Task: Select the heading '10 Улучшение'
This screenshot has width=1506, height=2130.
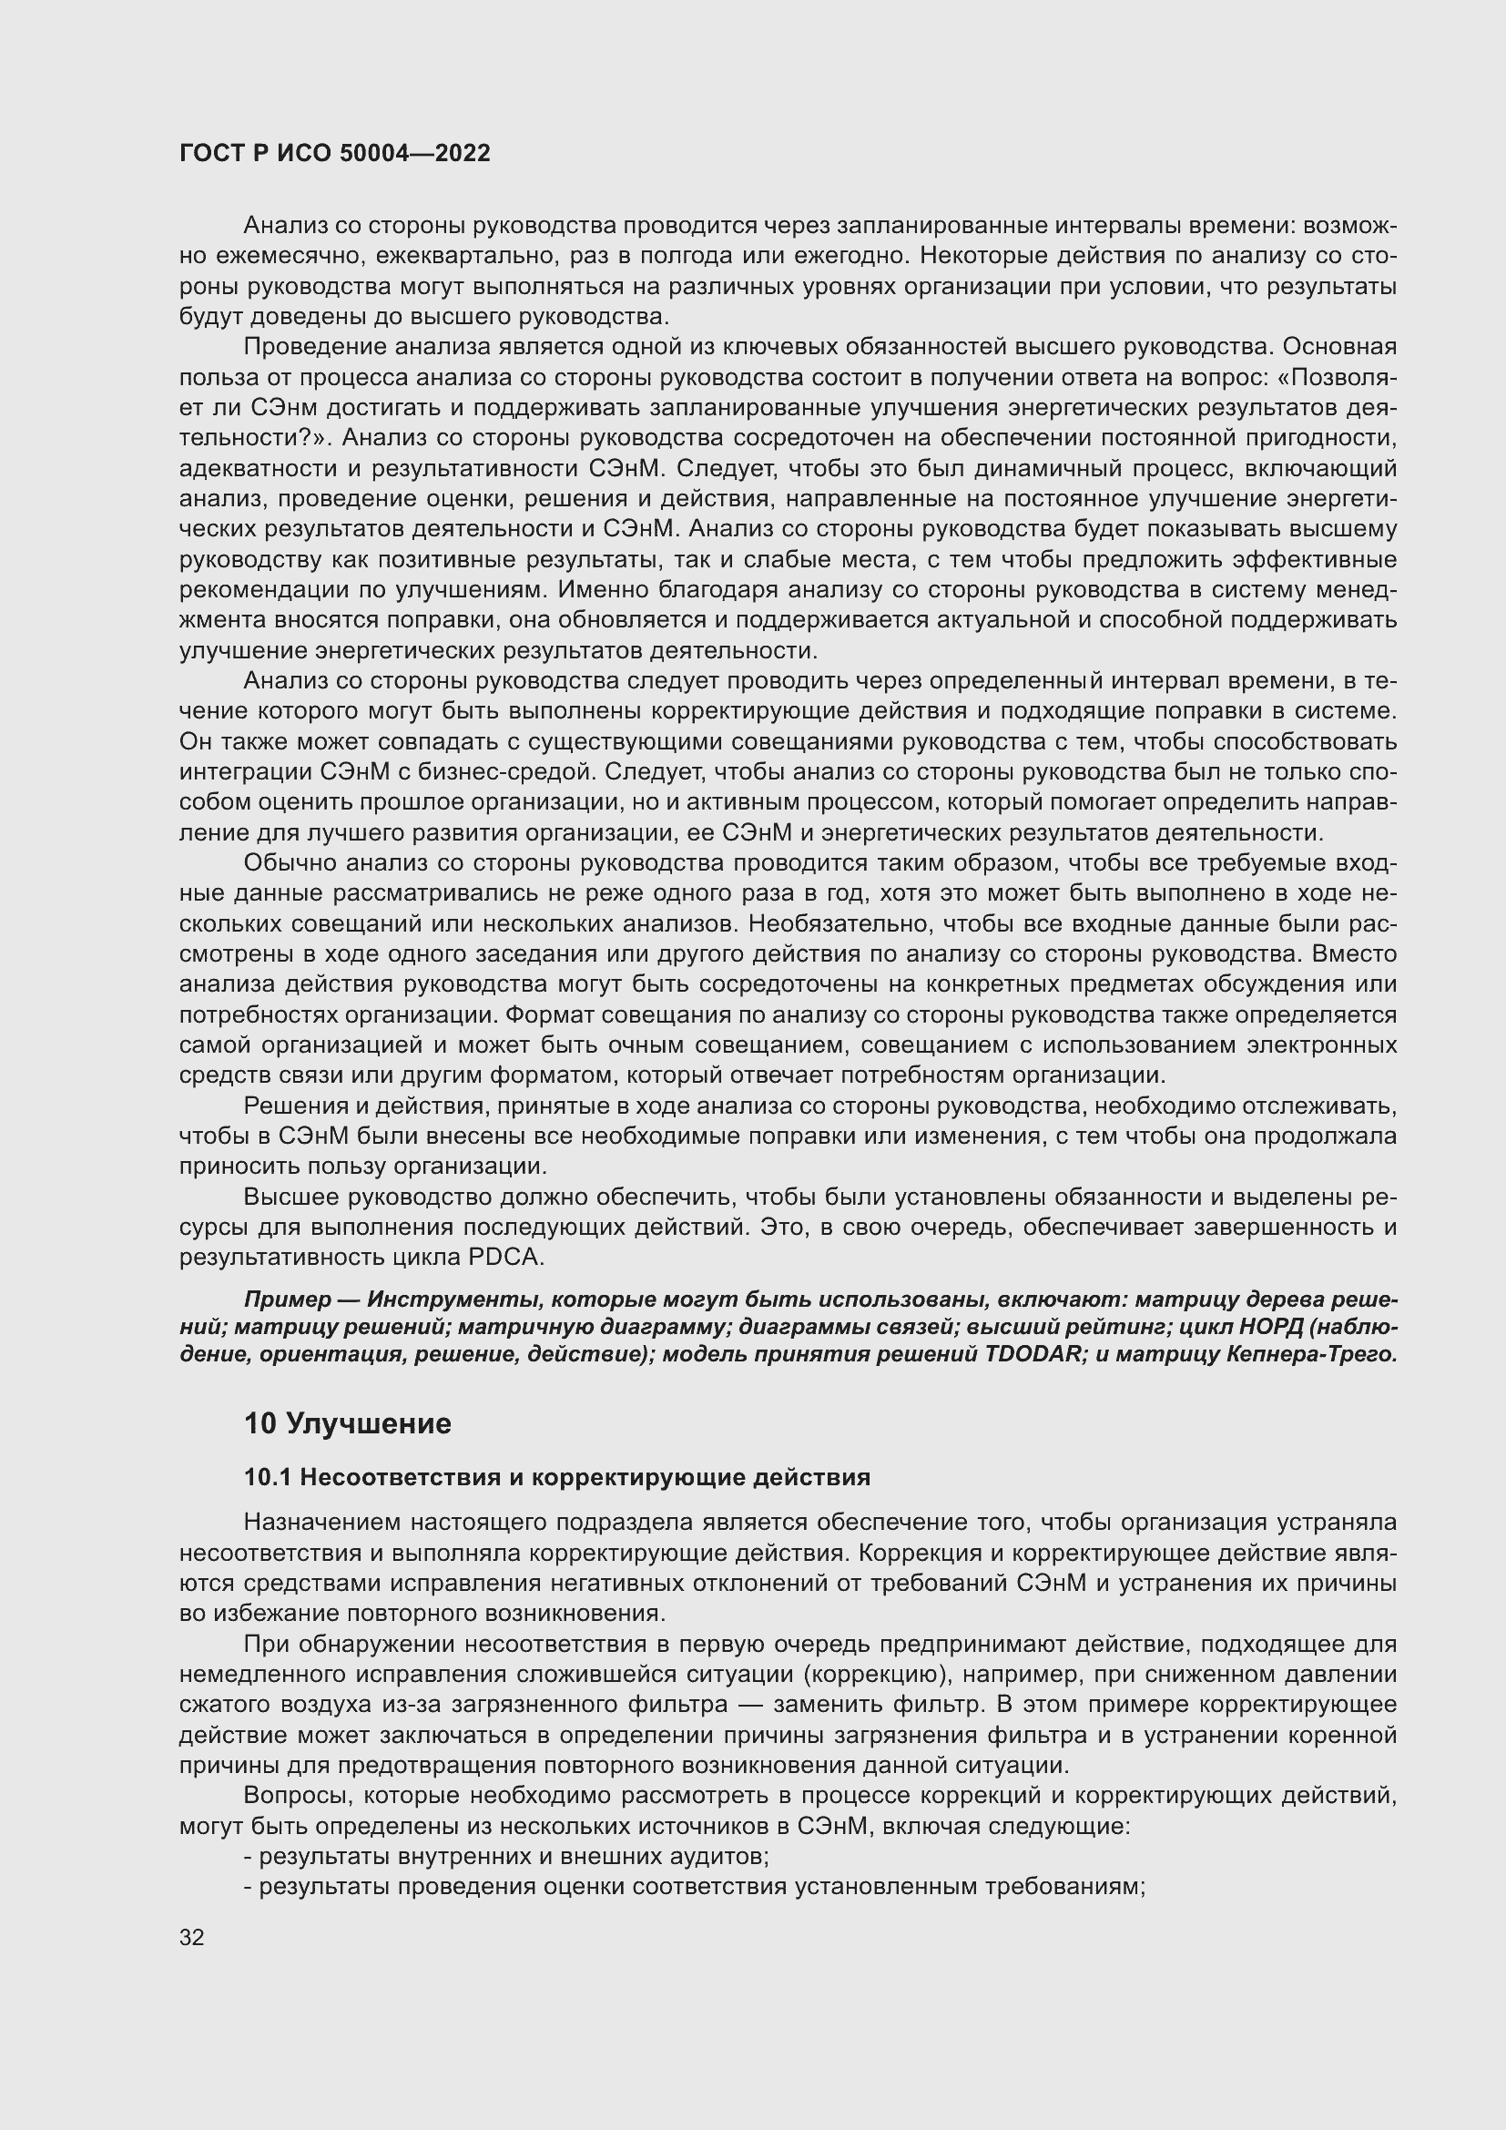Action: click(x=347, y=1423)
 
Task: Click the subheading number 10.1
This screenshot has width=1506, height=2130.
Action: click(x=268, y=1477)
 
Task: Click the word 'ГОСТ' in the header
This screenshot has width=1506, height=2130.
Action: click(x=210, y=154)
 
